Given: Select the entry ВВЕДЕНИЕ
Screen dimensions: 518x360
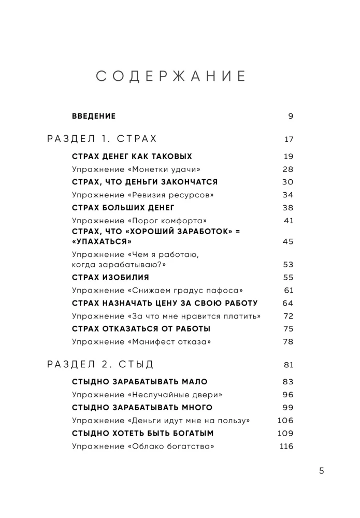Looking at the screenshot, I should tap(93, 116).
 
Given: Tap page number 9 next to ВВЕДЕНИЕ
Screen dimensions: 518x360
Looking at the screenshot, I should tap(291, 116).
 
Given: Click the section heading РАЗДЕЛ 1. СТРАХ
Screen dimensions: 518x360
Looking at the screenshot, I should tap(102, 139).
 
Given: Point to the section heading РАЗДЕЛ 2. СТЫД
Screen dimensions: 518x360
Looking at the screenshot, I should tap(100, 365).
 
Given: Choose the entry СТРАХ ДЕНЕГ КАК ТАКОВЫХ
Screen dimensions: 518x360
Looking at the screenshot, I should tap(132, 156).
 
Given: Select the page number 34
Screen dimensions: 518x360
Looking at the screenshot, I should tap(288, 195).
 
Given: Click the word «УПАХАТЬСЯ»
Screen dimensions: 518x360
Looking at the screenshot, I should tap(102, 241).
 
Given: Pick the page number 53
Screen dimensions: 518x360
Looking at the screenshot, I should tap(288, 264).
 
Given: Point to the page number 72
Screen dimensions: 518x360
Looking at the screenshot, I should tap(288, 316).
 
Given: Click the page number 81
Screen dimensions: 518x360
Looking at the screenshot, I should tap(289, 365).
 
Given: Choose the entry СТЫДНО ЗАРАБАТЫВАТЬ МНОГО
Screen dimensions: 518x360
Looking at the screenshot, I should tap(142, 407).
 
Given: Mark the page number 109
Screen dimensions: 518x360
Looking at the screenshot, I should tap(286, 433).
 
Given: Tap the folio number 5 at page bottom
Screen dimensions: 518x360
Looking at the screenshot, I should tap(321, 471).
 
